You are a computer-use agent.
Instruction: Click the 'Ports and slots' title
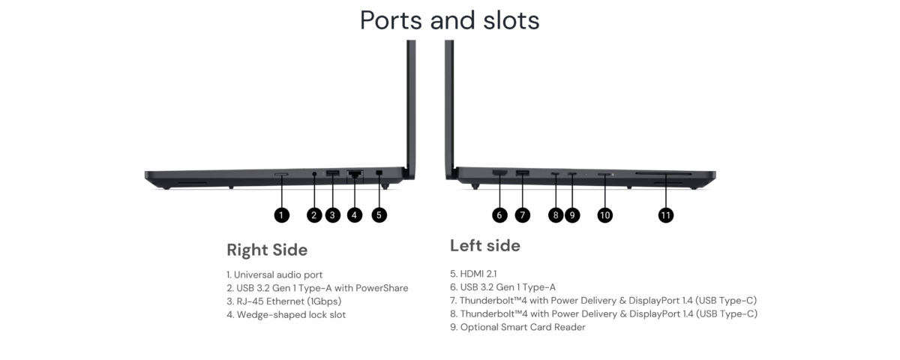pyautogui.click(x=449, y=19)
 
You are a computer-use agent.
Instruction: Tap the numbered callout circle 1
pyautogui.click(x=280, y=215)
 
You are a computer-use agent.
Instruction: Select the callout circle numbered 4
pyautogui.click(x=355, y=215)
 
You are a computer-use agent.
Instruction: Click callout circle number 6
pyautogui.click(x=500, y=215)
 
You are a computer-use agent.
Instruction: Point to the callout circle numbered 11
pyautogui.click(x=665, y=215)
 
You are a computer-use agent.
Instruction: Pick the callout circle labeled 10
pyautogui.click(x=605, y=215)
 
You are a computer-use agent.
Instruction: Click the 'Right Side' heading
pyautogui.click(x=267, y=250)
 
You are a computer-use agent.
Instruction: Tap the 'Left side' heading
pyautogui.click(x=484, y=245)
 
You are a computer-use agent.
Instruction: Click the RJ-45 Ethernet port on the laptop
pyautogui.click(x=355, y=175)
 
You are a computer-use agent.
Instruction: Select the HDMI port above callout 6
pyautogui.click(x=499, y=174)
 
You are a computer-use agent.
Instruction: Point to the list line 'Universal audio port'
pyautogui.click(x=274, y=274)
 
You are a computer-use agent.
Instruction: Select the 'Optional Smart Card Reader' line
pyautogui.click(x=517, y=327)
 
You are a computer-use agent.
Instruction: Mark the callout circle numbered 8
pyautogui.click(x=555, y=215)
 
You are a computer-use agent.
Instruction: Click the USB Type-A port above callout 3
pyautogui.click(x=332, y=175)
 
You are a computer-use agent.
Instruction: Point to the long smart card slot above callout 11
pyautogui.click(x=665, y=174)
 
